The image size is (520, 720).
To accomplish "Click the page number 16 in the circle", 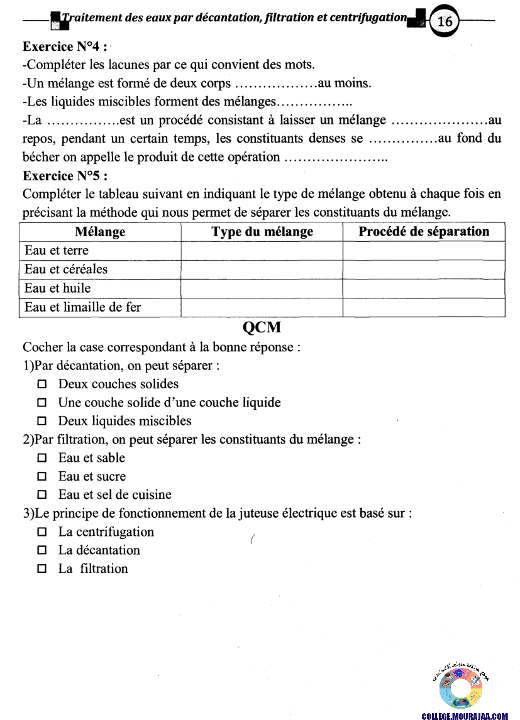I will coord(445,21).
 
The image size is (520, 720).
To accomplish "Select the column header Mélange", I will coord(100,232).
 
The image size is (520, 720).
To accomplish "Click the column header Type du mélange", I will coord(262,232).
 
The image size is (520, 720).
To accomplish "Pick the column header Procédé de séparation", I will coord(424,232).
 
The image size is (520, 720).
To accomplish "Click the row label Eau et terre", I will coord(57,251).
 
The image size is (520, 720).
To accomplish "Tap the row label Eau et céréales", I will coord(66,270).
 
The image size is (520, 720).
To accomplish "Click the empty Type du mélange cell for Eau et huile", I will coord(262,288).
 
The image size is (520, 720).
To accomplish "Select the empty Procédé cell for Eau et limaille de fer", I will coord(424,307).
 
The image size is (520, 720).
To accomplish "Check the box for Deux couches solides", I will coord(43,384).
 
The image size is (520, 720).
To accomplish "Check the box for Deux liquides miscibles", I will coord(43,421).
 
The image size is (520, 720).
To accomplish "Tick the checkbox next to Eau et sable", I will coord(43,458).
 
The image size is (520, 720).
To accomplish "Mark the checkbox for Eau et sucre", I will coord(43,477).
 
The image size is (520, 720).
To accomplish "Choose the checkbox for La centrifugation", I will coord(43,532).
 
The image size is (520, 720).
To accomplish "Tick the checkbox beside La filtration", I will coord(43,569).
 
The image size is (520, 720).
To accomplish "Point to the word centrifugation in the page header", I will coord(370,18).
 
